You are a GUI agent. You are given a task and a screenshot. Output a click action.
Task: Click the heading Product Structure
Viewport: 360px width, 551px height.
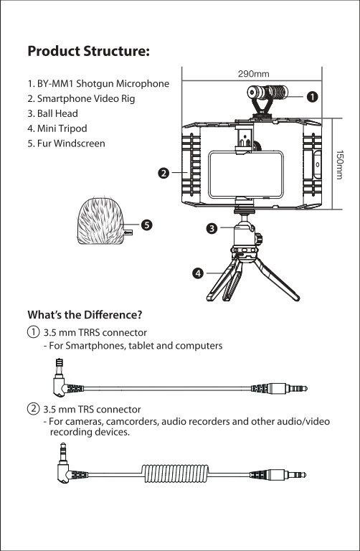tap(89, 52)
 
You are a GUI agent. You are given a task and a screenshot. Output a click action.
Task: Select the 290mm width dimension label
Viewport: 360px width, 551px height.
tap(254, 74)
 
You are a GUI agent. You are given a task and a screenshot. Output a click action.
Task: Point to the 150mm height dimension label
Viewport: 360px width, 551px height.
tap(339, 165)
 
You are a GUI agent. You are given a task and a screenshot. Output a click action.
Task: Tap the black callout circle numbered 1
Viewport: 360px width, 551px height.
tap(312, 97)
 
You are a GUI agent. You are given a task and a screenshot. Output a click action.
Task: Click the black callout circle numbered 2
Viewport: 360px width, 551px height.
tap(164, 173)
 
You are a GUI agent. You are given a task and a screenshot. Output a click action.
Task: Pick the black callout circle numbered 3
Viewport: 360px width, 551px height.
tap(212, 229)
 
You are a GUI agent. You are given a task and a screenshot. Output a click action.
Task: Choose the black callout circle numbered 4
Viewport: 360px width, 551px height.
tap(198, 273)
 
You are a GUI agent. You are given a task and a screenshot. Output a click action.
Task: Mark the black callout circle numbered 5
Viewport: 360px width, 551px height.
tap(146, 225)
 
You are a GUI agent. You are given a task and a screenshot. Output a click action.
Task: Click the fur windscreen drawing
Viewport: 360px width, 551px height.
tap(101, 222)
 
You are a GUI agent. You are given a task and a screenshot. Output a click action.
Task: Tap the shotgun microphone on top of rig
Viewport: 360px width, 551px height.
tap(267, 93)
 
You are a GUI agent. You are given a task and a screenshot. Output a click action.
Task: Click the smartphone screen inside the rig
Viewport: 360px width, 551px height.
tap(246, 174)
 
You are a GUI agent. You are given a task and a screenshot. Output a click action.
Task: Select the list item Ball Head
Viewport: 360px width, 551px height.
tap(52, 113)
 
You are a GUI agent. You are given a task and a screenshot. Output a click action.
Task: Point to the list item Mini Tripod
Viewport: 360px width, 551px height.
tap(57, 128)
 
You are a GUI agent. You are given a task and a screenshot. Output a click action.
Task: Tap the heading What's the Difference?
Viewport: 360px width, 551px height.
tap(85, 314)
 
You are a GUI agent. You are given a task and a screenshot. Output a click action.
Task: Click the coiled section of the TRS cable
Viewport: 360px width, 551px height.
tap(175, 474)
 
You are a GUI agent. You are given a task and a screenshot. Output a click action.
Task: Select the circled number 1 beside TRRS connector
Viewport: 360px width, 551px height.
tap(33, 332)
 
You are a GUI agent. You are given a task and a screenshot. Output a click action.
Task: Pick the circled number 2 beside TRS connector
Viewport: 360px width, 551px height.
tap(33, 409)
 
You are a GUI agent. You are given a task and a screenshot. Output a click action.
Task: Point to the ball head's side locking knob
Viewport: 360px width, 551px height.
tap(260, 240)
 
